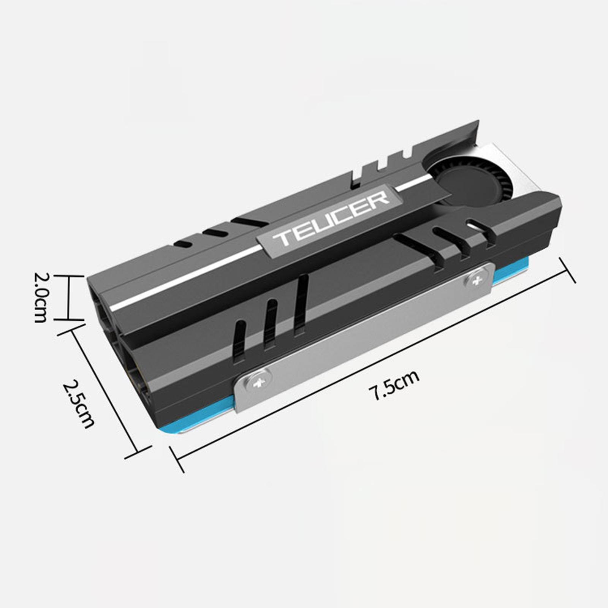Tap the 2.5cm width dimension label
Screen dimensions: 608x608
pos(78,404)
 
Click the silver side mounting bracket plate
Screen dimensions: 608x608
pos(365,334)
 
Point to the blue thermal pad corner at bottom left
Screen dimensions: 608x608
pos(167,429)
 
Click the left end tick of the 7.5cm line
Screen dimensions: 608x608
pos(177,459)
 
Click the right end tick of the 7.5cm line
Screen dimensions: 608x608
pos(568,270)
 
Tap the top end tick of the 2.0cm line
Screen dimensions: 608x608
pos(68,276)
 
